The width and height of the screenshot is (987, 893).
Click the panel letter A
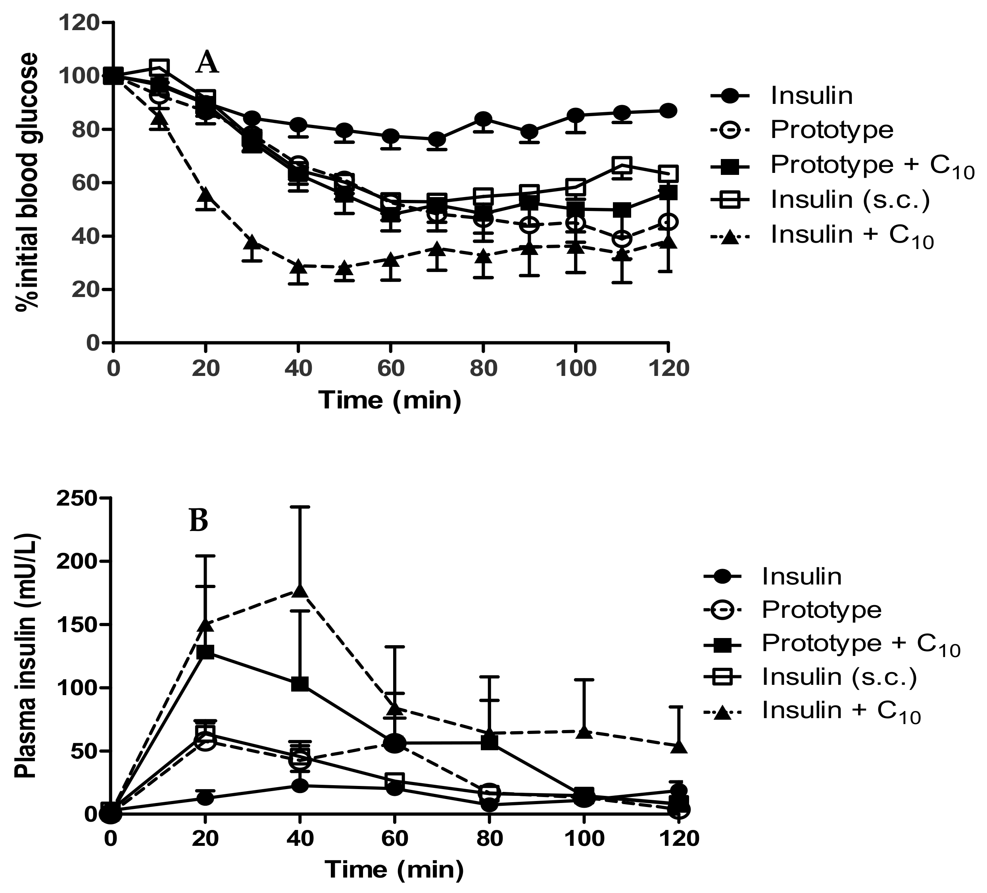coord(207,63)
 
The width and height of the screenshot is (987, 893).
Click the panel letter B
coord(199,521)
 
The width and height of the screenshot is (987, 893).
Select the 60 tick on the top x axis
coord(390,368)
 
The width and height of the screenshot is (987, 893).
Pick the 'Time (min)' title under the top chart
coord(390,400)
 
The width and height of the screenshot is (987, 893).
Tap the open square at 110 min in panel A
coord(622,165)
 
